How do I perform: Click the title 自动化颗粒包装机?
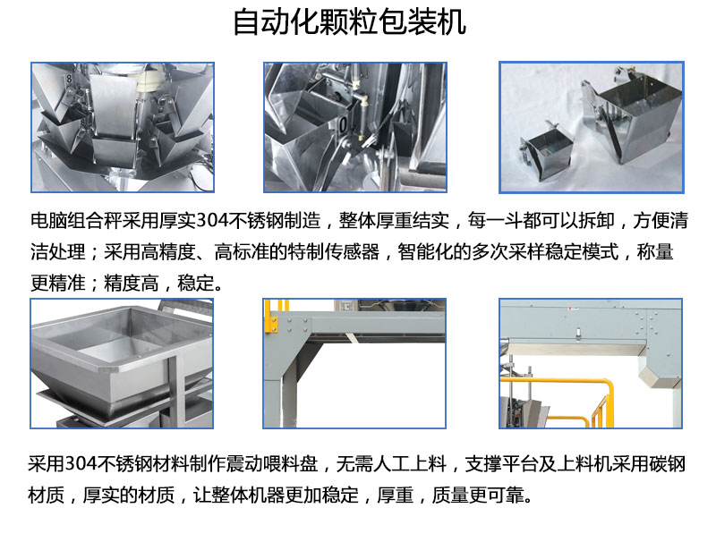pyautogui.click(x=349, y=22)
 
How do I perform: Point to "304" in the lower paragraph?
pyautogui.click(x=81, y=464)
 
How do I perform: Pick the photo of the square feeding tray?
pyautogui.click(x=122, y=364)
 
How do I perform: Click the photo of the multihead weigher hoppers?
pyautogui.click(x=123, y=127)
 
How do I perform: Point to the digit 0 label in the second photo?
pyautogui.click(x=343, y=124)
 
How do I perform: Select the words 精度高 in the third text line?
pyautogui.click(x=131, y=284)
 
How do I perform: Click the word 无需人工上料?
pyautogui.click(x=391, y=464)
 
